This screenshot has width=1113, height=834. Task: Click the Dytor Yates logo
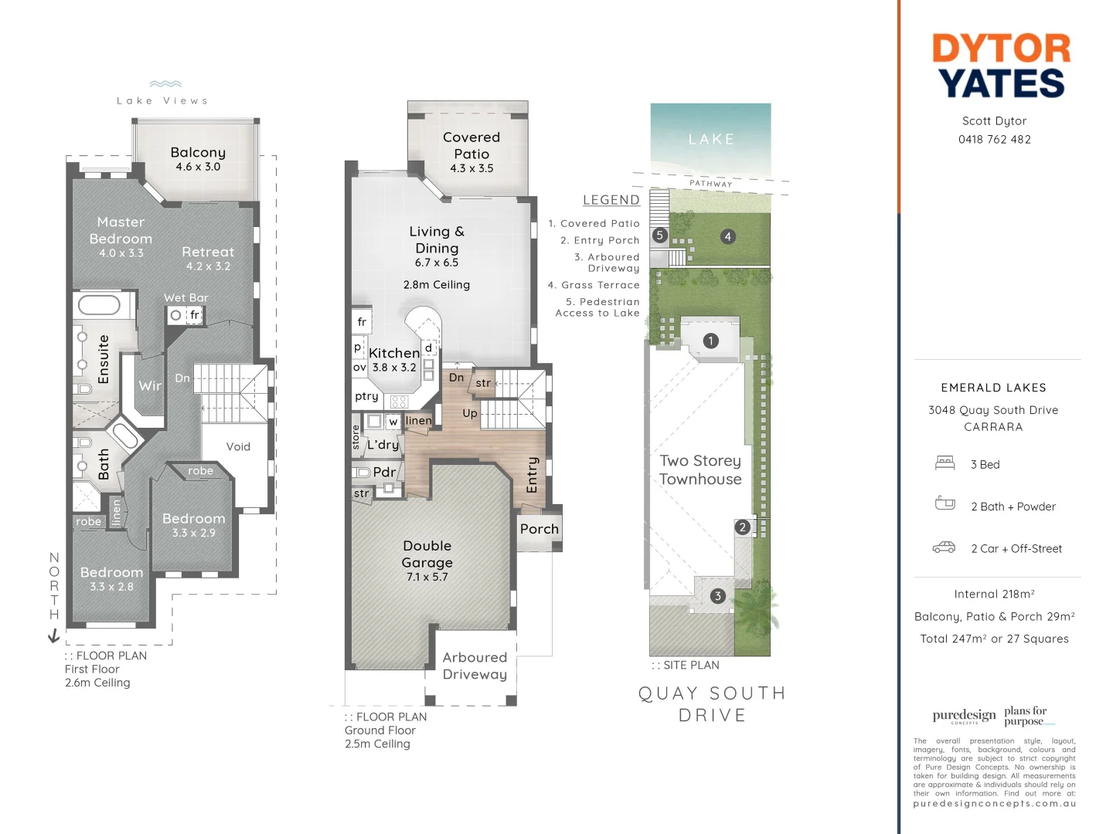1001,66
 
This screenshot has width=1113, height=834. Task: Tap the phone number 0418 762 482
994,140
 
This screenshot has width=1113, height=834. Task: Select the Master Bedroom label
121,231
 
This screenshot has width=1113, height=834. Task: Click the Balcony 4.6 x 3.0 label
198,158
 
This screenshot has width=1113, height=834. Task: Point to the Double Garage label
427,554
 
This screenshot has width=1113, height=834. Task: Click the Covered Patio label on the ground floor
471,146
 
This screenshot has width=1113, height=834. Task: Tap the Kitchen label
394,353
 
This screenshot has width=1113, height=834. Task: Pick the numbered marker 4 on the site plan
727,236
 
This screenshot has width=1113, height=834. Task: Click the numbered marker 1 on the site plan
711,341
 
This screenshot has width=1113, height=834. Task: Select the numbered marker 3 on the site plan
718,595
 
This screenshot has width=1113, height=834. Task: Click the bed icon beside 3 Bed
945,463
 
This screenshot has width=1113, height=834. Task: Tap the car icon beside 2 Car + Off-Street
944,548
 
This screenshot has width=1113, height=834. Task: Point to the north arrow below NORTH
53,636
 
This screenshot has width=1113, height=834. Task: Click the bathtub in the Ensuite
99,305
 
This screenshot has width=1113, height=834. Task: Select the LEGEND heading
611,200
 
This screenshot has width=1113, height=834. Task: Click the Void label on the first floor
238,446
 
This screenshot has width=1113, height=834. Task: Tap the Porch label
539,529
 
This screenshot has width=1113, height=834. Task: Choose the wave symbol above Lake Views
165,84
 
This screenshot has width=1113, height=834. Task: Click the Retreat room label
208,252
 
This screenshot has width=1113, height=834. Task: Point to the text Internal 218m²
994,594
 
